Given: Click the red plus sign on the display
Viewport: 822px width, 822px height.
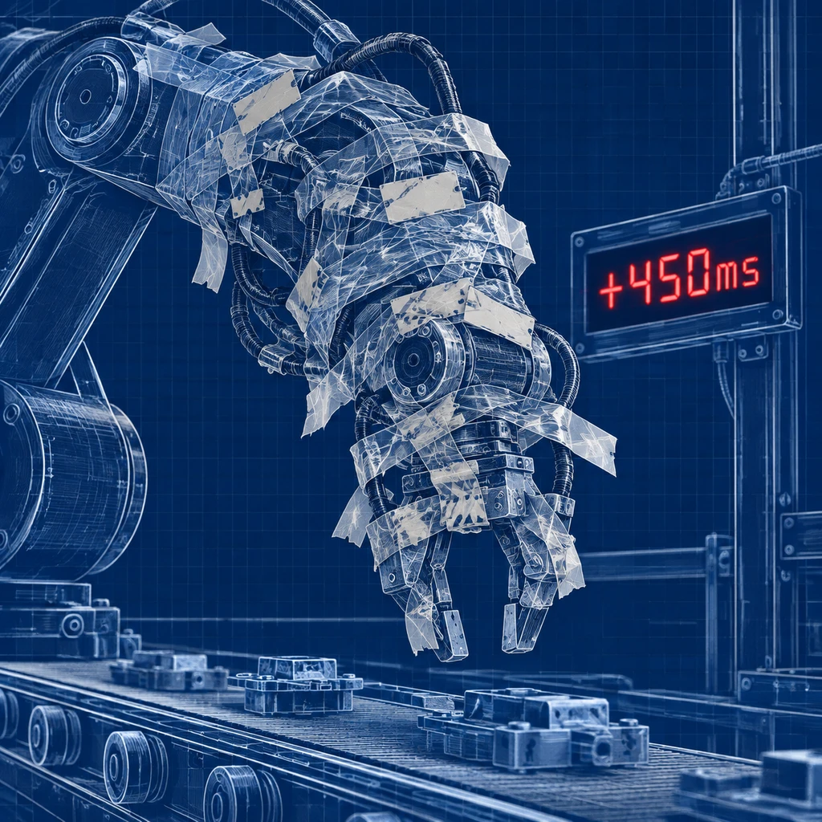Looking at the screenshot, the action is (x=611, y=288).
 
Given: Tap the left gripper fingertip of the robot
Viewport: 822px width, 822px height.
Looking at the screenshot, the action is (x=454, y=633).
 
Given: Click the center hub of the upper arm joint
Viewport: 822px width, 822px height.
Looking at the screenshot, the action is (x=85, y=97).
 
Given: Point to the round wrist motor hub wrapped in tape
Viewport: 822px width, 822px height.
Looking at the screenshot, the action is (x=413, y=359).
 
